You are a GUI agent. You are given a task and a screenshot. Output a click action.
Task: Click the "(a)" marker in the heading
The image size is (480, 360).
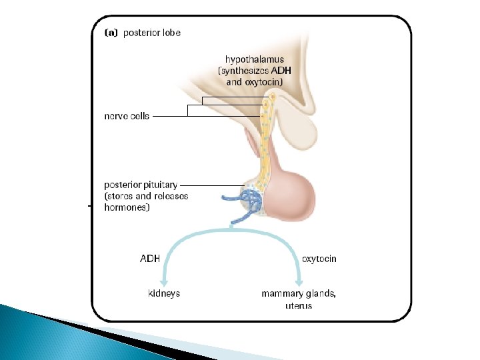point(111,32)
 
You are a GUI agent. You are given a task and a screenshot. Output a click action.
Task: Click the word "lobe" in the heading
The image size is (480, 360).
point(169,32)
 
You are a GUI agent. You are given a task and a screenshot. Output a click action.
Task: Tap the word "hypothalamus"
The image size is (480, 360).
point(254,59)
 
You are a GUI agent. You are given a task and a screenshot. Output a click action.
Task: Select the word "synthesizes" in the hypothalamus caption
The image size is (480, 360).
point(245,71)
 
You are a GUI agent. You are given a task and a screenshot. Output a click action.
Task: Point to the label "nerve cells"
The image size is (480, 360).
point(127,116)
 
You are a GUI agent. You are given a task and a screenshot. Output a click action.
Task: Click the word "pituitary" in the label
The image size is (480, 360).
point(161,185)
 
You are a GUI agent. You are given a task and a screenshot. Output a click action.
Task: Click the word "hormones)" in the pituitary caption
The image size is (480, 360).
point(127,207)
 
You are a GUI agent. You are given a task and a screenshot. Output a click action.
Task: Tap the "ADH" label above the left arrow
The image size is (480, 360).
point(149,259)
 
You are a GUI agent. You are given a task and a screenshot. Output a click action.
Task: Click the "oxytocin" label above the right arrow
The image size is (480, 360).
point(319,259)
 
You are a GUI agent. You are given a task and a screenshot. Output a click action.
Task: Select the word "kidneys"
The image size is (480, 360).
point(163,293)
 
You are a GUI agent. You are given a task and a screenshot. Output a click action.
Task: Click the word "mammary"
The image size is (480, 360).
point(279,293)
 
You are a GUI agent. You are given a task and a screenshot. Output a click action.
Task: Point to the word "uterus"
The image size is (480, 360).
point(296,305)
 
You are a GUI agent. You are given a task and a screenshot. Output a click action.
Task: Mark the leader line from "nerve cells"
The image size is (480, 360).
point(170,116)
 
